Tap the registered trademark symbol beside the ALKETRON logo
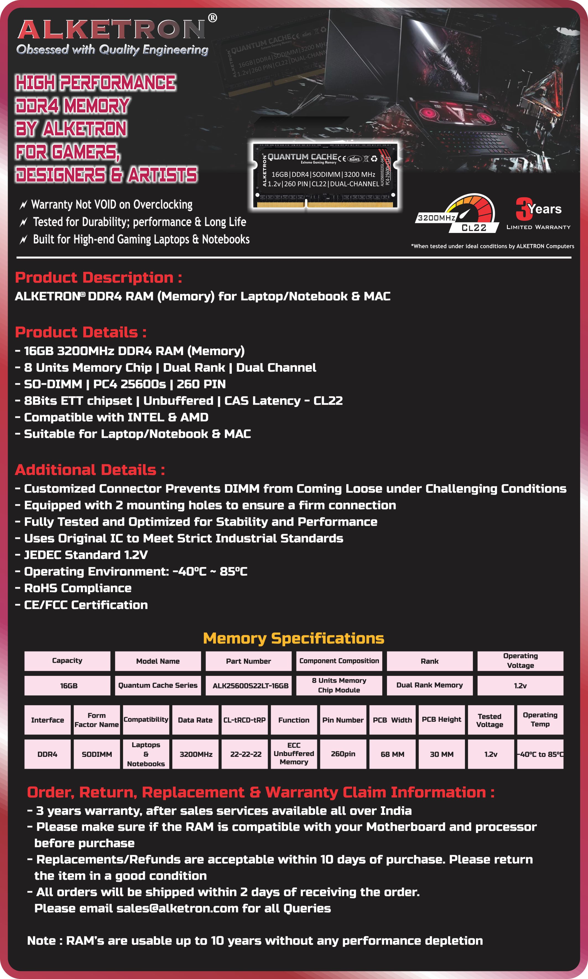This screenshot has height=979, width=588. click(x=213, y=18)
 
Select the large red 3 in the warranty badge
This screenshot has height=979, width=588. click(x=523, y=209)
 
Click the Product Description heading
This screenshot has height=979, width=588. click(x=98, y=277)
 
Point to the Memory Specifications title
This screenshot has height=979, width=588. click(x=294, y=638)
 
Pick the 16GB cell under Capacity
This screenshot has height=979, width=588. click(x=67, y=685)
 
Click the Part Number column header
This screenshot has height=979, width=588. click(x=248, y=661)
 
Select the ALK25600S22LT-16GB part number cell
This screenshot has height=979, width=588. click(x=250, y=686)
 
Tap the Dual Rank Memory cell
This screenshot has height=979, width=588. click(x=430, y=685)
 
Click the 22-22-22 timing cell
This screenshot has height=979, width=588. click(x=246, y=754)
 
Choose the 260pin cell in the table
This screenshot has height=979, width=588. click(x=343, y=754)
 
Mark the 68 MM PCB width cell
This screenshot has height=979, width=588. click(x=392, y=754)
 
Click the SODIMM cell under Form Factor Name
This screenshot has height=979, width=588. click(x=97, y=754)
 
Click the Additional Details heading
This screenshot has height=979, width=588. click(x=90, y=470)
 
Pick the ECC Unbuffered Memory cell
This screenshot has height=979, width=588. click(x=294, y=754)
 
